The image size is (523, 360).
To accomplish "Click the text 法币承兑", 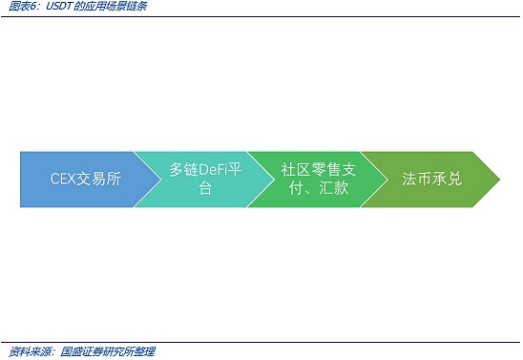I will coord(431,179).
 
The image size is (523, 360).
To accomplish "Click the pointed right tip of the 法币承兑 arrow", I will coord(498,179).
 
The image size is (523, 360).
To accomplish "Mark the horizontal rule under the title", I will coord(261,16).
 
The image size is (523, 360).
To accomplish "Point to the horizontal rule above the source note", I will coord(261,342).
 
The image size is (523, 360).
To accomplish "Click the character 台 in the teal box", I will coord(205,188).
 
